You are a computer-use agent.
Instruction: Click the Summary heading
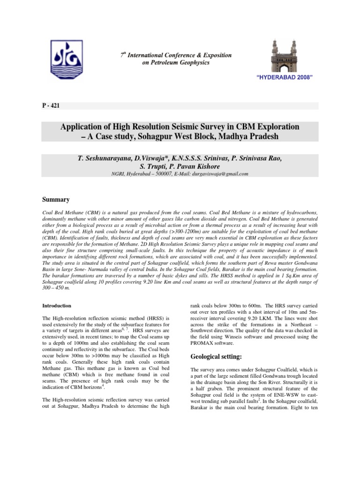pos(56,200)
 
